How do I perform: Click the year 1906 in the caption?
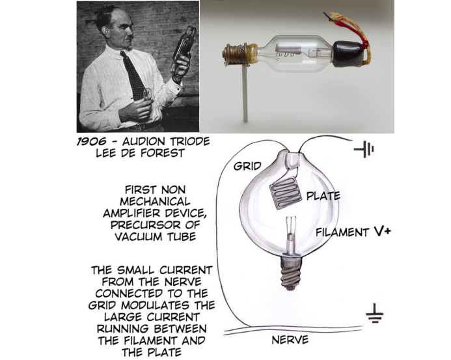92,141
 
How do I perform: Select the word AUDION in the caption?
144,141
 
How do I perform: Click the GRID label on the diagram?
247,166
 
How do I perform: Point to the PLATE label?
323,196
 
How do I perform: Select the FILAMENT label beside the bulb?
342,232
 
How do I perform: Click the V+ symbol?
382,231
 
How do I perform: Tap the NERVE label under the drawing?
290,340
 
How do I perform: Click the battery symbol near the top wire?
364,149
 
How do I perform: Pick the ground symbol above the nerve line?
374,314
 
